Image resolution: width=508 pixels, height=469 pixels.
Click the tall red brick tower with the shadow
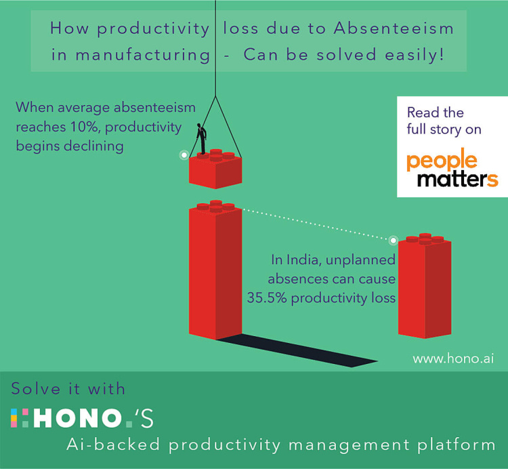pyautogui.click(x=214, y=271)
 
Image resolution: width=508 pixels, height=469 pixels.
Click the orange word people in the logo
pyautogui.click(x=442, y=161)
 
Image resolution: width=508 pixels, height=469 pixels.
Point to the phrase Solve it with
pyautogui.click(x=68, y=388)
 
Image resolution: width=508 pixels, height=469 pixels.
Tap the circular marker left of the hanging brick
pyautogui.click(x=183, y=155)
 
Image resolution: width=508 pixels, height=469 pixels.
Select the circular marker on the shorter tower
pyautogui.click(x=392, y=239)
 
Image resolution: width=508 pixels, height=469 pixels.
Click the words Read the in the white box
pyautogui.click(x=434, y=113)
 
